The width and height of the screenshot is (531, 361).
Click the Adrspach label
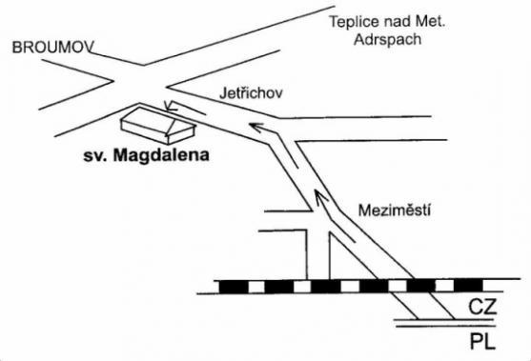383,39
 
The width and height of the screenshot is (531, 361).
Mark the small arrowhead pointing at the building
169,104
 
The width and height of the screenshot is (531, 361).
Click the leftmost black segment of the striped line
233,285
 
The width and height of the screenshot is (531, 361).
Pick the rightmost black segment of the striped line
467,285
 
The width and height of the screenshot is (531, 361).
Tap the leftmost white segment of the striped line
255,285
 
